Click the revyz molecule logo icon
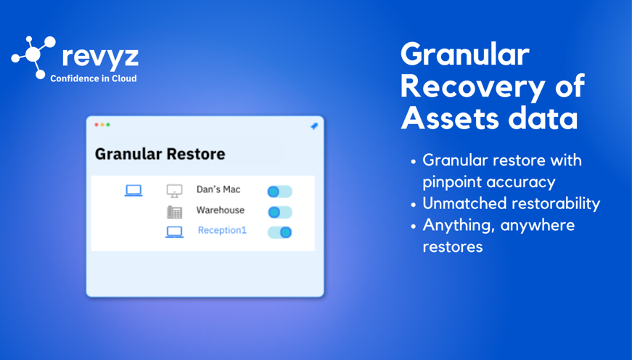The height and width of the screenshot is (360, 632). pos(33,57)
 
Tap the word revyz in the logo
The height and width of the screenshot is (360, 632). pos(100,57)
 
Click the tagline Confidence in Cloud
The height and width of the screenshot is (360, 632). pos(93,78)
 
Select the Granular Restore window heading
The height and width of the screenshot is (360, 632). pos(160,154)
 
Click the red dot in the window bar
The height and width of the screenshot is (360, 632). pos(97,125)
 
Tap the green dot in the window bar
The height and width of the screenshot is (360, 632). pos(108,125)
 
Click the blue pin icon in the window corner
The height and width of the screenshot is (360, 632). pos(314,126)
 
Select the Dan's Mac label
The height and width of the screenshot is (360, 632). pos(218,189)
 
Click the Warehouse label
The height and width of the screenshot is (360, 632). pos(221,210)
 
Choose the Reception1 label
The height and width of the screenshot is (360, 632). pos(222,230)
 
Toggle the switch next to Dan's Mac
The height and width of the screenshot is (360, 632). pos(280,192)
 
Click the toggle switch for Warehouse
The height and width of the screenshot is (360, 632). pos(280,212)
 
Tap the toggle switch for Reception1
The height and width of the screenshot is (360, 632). pos(280,232)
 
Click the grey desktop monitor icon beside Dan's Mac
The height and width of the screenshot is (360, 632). pos(175,191)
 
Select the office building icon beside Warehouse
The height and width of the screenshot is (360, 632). pos(175,212)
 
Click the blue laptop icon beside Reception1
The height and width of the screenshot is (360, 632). pos(175,232)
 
